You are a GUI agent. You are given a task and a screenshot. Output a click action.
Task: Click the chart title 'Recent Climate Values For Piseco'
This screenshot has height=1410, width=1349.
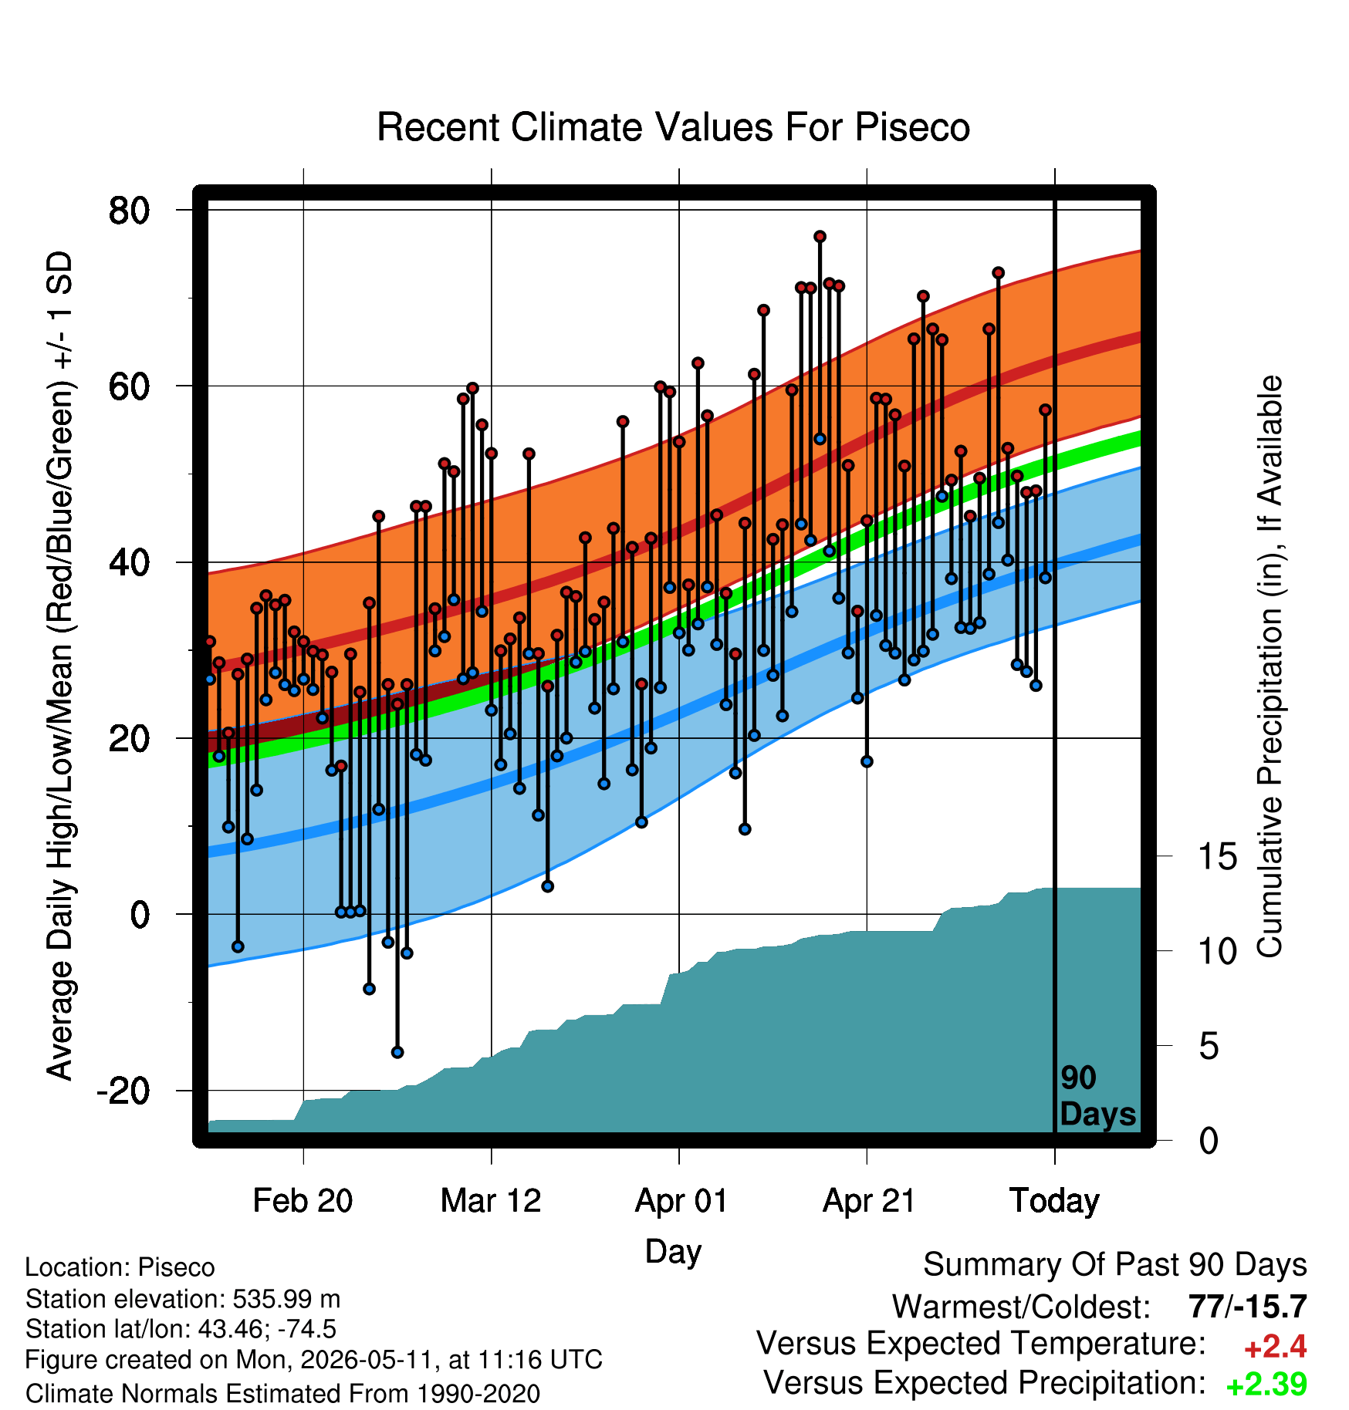click(673, 127)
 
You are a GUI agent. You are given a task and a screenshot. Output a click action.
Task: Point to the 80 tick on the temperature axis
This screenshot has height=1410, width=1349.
click(130, 210)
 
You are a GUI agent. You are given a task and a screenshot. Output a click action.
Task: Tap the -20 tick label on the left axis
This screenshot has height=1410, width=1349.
click(123, 1091)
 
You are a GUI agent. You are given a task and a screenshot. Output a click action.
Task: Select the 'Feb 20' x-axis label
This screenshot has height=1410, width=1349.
click(303, 1201)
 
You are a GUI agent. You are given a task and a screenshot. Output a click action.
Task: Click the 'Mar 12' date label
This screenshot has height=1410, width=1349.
click(491, 1201)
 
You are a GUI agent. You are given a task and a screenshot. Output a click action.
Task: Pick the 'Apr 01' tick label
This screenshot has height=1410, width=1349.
click(681, 1201)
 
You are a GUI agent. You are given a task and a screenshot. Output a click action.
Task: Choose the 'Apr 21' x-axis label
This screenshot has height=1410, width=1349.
click(868, 1201)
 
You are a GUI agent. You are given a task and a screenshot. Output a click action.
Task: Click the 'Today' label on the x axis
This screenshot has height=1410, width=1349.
click(1054, 1201)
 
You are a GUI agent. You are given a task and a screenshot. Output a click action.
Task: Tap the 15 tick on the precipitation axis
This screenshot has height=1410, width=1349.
click(1218, 857)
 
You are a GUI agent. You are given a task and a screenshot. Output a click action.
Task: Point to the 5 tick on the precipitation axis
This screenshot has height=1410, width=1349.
click(1209, 1047)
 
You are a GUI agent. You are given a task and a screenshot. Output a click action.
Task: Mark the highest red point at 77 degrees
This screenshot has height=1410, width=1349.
click(820, 236)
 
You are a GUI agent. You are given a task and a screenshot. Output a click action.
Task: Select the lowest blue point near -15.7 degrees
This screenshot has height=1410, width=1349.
click(397, 1052)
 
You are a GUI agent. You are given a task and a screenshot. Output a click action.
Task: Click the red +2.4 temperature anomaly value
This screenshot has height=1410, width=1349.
click(1275, 1347)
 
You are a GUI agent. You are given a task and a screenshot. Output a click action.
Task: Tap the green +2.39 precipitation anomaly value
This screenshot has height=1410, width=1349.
click(1266, 1385)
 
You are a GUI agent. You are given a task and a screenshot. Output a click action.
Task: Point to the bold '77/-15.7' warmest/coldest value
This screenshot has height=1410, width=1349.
click(1248, 1307)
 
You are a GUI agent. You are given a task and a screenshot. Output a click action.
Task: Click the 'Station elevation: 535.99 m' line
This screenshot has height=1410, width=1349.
click(183, 1299)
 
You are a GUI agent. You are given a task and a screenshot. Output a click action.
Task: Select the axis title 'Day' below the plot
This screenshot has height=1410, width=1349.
click(673, 1251)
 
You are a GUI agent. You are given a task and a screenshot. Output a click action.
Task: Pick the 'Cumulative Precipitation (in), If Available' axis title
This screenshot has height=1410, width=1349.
click(1270, 666)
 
